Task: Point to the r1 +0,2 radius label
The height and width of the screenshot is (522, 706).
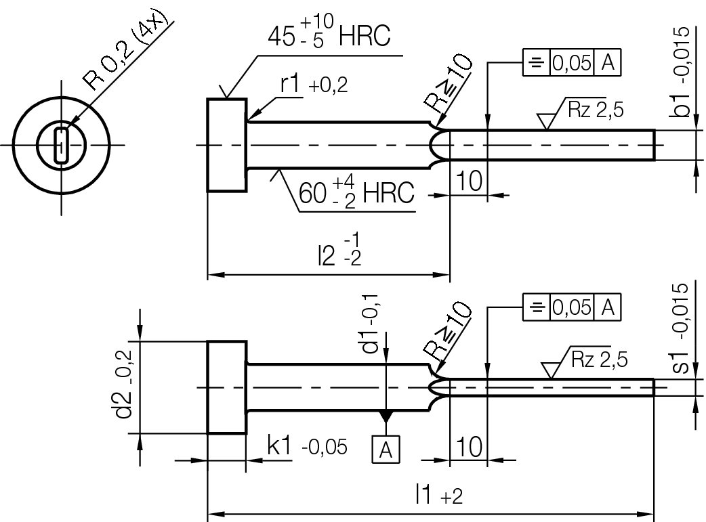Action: click(x=314, y=85)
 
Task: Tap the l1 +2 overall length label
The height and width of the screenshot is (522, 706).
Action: click(x=438, y=496)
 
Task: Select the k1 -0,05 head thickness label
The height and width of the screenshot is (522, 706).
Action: click(x=307, y=446)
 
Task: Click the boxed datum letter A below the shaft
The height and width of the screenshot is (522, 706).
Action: click(x=386, y=448)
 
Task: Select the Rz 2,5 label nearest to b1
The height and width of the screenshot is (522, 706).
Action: click(x=586, y=112)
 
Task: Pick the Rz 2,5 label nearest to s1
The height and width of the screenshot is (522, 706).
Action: click(x=589, y=359)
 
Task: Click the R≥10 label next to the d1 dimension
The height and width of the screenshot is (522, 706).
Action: click(x=447, y=332)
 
